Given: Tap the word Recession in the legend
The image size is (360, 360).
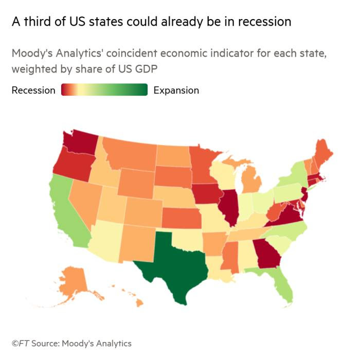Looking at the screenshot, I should tap(33, 90).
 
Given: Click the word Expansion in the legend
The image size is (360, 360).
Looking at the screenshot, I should tap(176, 90).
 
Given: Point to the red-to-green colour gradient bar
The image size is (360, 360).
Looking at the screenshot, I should tap(104, 90).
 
